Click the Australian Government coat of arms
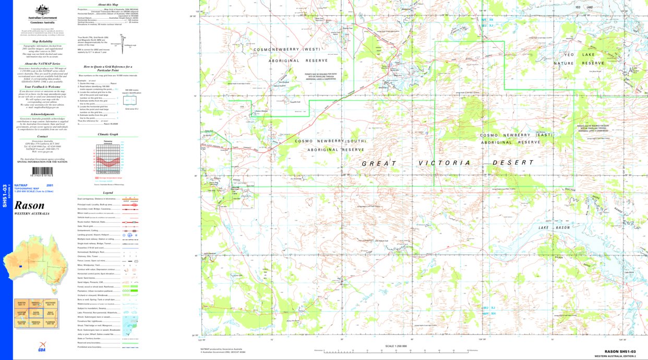pos(41,9)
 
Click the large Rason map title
pos(29,205)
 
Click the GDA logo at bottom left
pos(41,346)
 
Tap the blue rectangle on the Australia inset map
pos(20,267)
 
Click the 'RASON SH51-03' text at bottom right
pos(620,352)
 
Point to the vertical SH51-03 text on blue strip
pos(5,196)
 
